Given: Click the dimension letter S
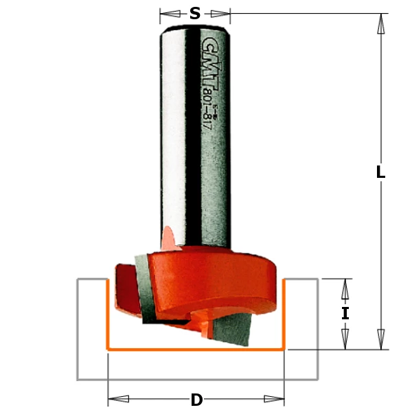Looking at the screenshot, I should (195, 14).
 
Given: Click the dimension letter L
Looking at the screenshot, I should (380, 173).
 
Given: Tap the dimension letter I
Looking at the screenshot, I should (345, 314).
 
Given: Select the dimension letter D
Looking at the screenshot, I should (196, 400).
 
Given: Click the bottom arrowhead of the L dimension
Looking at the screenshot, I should (380, 339).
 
